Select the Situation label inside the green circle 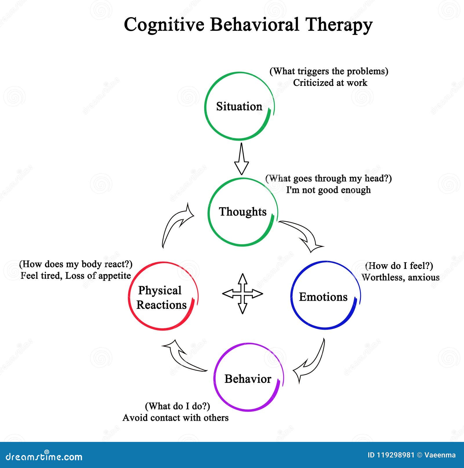tap(239, 106)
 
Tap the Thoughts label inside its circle tap(242, 212)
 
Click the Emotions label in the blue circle tap(323, 297)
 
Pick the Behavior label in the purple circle tap(248, 379)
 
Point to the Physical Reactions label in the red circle tap(161, 298)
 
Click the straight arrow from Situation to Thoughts tap(241, 159)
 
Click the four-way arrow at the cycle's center tap(242, 294)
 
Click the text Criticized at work tap(330, 83)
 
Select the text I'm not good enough tap(328, 190)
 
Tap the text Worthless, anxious tap(400, 277)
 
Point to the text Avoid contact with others tap(175, 418)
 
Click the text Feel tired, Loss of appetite tap(76, 276)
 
